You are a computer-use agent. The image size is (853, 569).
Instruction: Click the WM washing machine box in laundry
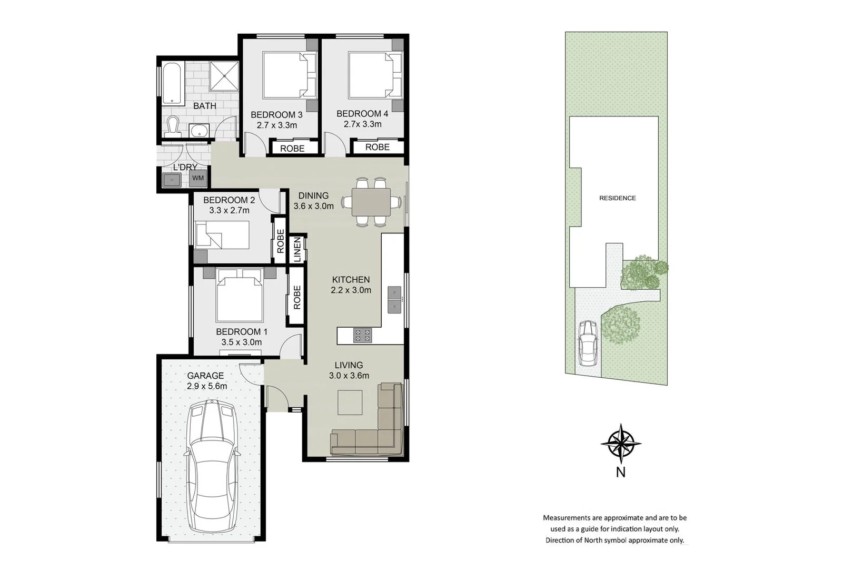(198, 178)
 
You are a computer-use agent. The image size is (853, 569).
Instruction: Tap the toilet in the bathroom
(173, 126)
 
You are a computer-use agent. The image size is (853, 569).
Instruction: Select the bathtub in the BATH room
(172, 84)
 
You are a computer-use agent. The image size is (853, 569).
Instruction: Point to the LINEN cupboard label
(297, 249)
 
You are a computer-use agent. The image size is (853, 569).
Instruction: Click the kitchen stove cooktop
(362, 336)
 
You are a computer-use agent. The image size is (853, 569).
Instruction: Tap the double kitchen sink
(394, 299)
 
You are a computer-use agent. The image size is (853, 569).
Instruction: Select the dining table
(371, 202)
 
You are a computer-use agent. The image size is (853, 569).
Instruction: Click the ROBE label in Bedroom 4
(378, 147)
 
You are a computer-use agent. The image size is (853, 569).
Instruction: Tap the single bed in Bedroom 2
(222, 235)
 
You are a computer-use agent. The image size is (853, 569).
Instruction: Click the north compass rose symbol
(621, 444)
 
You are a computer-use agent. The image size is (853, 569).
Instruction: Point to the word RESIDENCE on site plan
(617, 198)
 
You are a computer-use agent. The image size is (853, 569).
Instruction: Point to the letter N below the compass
(621, 473)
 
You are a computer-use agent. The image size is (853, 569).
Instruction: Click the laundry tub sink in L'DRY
(172, 180)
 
